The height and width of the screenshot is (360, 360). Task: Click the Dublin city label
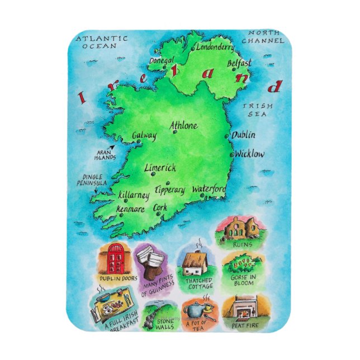coord(244,135)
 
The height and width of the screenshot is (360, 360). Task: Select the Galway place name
coord(144,135)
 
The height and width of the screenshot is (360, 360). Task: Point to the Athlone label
coord(183,125)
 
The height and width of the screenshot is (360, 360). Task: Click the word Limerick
coord(160,167)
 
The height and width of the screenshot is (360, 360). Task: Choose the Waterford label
coord(209,190)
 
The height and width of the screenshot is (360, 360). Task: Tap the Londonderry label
coord(216,48)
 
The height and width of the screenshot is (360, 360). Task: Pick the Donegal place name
coord(162,59)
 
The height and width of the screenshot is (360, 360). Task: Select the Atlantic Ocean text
coord(102,42)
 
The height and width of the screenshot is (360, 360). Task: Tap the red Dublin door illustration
coord(115,259)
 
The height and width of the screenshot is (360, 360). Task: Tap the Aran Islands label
coord(105,155)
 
